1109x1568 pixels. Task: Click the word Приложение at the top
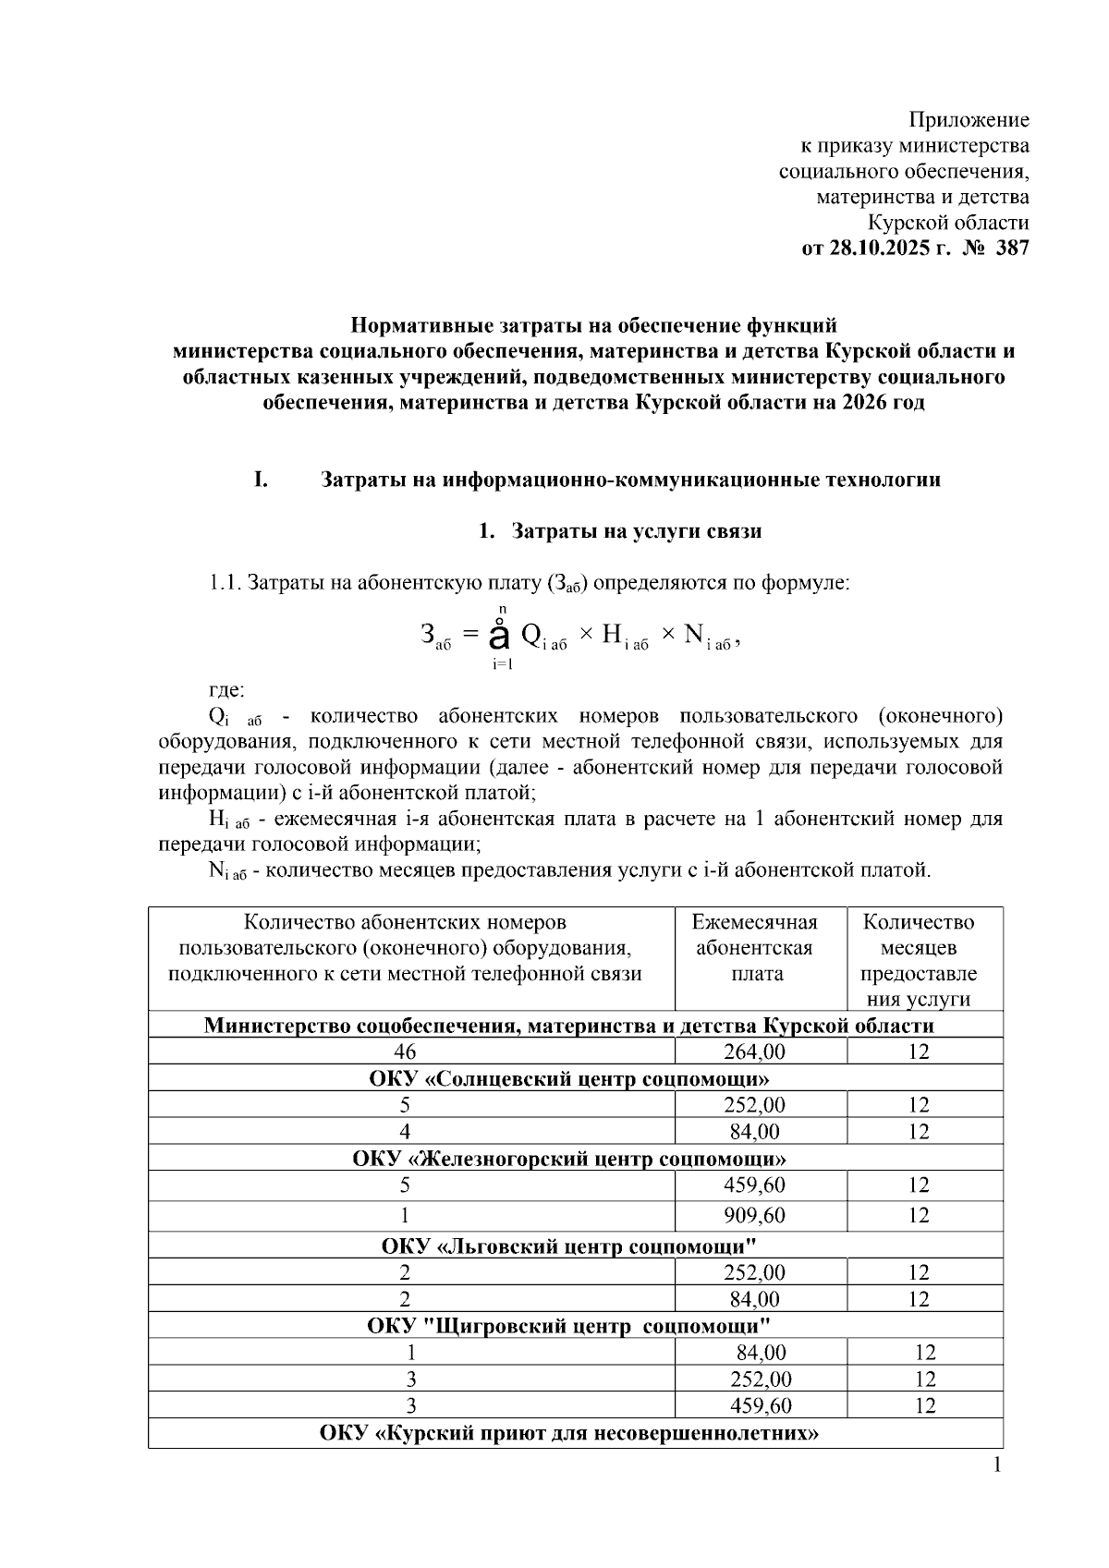pyautogui.click(x=969, y=120)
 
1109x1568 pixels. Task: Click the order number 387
pyautogui.click(x=1011, y=249)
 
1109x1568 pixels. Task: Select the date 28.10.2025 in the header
pyautogui.click(x=878, y=249)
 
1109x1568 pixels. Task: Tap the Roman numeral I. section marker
pyautogui.click(x=262, y=480)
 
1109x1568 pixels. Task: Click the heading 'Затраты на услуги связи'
pyautogui.click(x=636, y=531)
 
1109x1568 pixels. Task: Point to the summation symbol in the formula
pyautogui.click(x=499, y=636)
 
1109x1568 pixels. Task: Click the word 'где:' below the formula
pyautogui.click(x=226, y=690)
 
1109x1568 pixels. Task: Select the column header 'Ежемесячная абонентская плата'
pyautogui.click(x=754, y=948)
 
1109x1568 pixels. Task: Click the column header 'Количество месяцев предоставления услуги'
pyautogui.click(x=918, y=960)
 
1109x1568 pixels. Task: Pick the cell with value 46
pyautogui.click(x=405, y=1051)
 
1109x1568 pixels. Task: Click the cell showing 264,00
pyautogui.click(x=754, y=1051)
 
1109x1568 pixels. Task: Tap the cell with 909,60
pyautogui.click(x=754, y=1215)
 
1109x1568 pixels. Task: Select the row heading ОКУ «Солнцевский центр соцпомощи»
pyautogui.click(x=569, y=1078)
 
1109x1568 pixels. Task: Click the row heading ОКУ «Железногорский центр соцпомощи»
pyautogui.click(x=569, y=1159)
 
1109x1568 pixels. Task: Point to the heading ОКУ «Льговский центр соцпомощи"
pyautogui.click(x=569, y=1246)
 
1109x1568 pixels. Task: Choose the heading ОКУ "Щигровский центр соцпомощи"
pyautogui.click(x=569, y=1326)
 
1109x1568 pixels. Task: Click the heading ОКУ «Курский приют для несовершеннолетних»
pyautogui.click(x=569, y=1434)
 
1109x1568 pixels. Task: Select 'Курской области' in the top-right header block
pyautogui.click(x=947, y=223)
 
